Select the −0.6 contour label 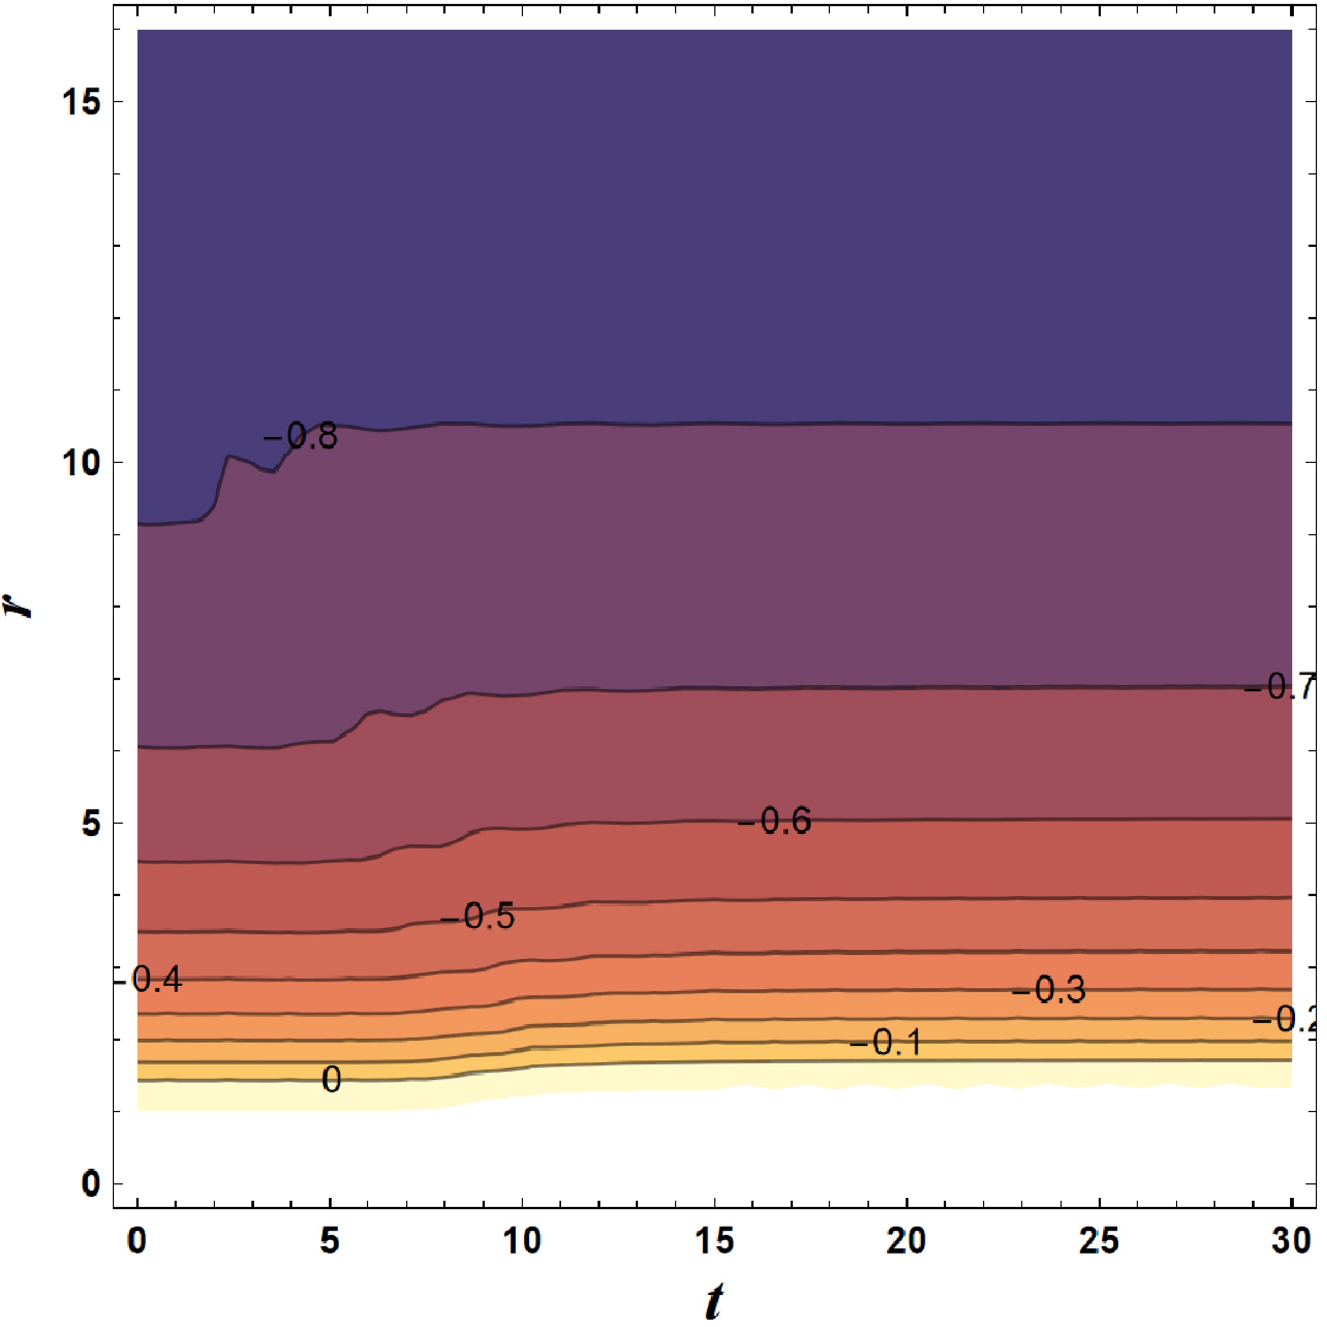[775, 821]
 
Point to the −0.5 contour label [477, 917]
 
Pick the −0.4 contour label [148, 980]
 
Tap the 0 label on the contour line [332, 1080]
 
